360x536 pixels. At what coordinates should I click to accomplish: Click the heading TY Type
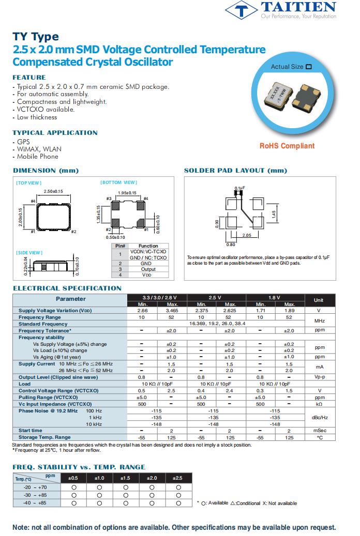[35, 37]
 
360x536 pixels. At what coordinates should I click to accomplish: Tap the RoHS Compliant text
[287, 146]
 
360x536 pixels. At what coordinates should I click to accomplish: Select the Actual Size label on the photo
[288, 67]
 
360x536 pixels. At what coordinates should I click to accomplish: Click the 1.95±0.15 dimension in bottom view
[127, 193]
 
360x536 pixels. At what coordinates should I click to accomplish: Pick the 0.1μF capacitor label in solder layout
[239, 188]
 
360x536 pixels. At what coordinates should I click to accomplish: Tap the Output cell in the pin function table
[148, 269]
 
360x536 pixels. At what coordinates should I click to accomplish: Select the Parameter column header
[70, 299]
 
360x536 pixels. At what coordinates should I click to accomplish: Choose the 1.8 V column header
[275, 298]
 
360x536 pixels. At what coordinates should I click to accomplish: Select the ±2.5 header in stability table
[178, 478]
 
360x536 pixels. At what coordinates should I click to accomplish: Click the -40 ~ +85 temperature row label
[36, 503]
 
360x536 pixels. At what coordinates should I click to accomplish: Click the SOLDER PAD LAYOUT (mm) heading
[235, 171]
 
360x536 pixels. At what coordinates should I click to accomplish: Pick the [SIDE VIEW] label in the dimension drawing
[29, 253]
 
